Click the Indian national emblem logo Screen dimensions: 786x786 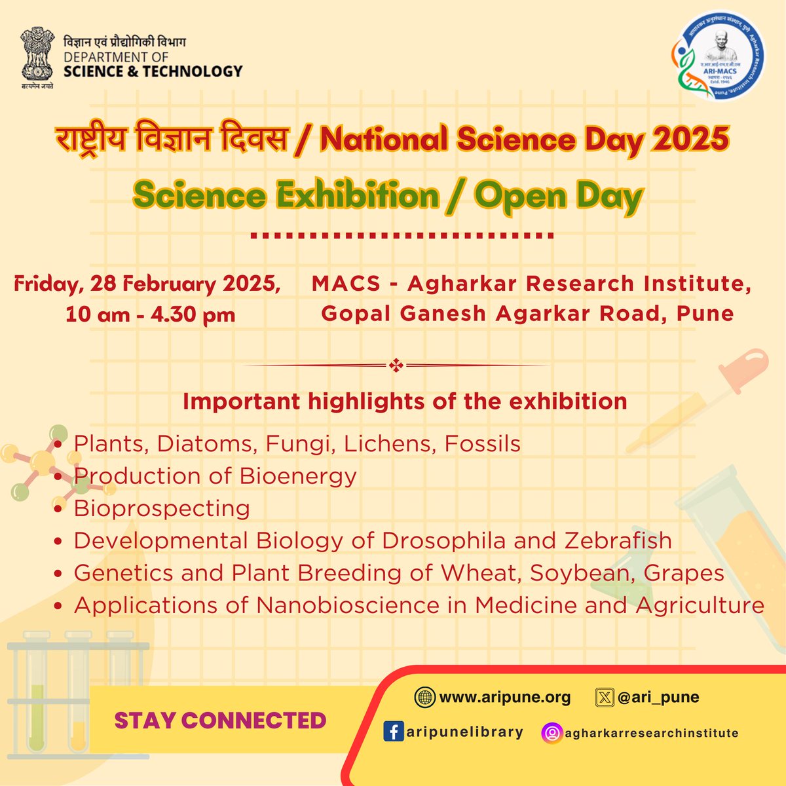[x=36, y=56]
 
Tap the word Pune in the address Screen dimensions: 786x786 [x=705, y=314]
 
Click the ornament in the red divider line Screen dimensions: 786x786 [x=396, y=365]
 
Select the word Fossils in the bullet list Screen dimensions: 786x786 [x=483, y=444]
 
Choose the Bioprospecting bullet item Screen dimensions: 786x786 [x=162, y=508]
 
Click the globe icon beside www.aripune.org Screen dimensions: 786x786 [x=424, y=698]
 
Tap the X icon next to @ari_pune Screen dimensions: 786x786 [x=603, y=698]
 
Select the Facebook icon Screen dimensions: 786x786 [x=392, y=732]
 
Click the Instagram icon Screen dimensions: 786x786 [x=552, y=733]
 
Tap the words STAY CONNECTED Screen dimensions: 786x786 [x=220, y=720]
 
